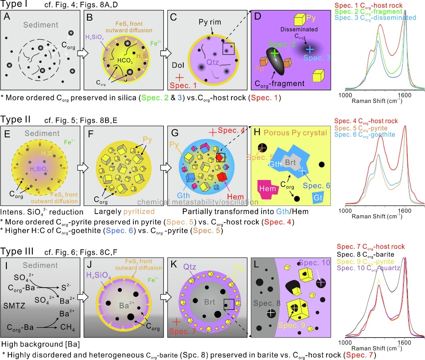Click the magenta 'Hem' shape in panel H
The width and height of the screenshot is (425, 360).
tap(265, 188)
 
